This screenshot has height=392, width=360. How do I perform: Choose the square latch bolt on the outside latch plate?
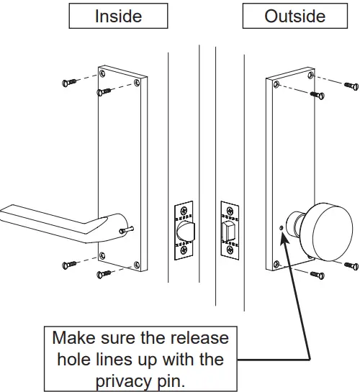point(230,231)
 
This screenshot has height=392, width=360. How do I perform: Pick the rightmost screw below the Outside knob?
point(351,266)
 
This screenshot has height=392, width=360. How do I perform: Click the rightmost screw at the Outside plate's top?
point(351,86)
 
